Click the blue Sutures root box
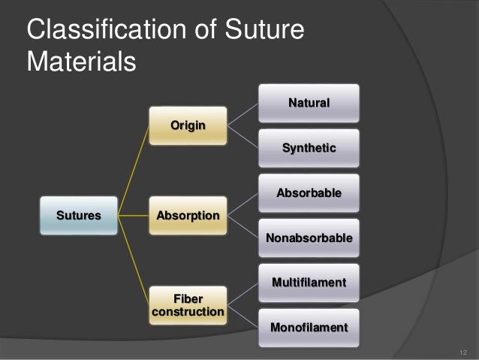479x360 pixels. (x=78, y=216)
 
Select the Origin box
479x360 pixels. (x=188, y=126)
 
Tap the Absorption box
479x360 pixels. (x=188, y=216)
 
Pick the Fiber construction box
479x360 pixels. (x=188, y=304)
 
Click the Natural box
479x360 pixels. (x=309, y=103)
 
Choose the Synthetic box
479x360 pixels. (x=309, y=148)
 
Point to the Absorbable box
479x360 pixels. (x=309, y=193)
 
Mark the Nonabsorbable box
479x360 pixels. (x=309, y=238)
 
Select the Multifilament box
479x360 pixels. (x=309, y=283)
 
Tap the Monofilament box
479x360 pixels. (x=309, y=328)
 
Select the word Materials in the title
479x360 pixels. (x=81, y=62)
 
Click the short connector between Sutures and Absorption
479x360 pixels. (x=134, y=216)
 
